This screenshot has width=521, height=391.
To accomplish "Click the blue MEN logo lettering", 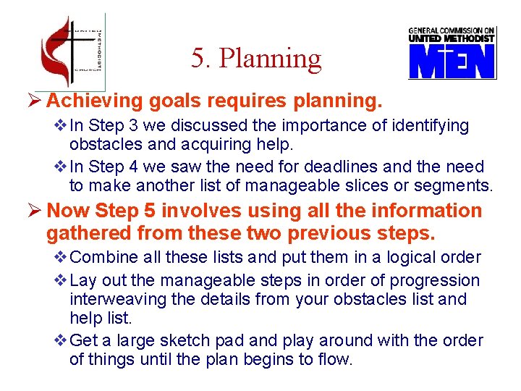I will [x=452, y=62].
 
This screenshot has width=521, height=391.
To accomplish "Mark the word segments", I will [x=457, y=186].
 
